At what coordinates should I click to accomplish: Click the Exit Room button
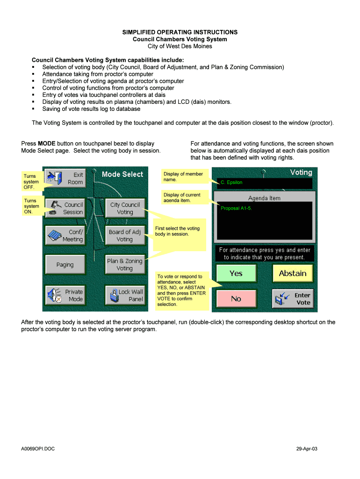point(65,178)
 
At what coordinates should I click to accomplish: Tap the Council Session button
point(65,208)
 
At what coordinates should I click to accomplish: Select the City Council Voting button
point(124,208)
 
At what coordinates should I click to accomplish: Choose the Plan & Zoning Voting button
point(124,265)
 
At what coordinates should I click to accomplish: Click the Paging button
point(65,265)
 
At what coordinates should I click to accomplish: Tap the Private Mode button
point(65,295)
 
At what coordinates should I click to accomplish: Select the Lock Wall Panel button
point(124,295)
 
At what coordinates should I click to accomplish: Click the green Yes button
point(236,273)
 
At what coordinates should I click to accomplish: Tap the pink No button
point(236,298)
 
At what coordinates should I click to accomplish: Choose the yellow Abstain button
point(293,273)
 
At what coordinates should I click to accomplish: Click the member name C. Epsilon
point(231,182)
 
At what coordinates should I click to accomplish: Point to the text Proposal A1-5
point(236,208)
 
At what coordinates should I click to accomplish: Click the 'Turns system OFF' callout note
point(31,181)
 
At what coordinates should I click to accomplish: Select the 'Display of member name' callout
point(183,177)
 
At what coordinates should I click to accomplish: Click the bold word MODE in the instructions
point(47,144)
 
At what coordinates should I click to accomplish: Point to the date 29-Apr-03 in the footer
point(307,449)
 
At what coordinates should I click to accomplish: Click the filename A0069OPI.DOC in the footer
point(38,449)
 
